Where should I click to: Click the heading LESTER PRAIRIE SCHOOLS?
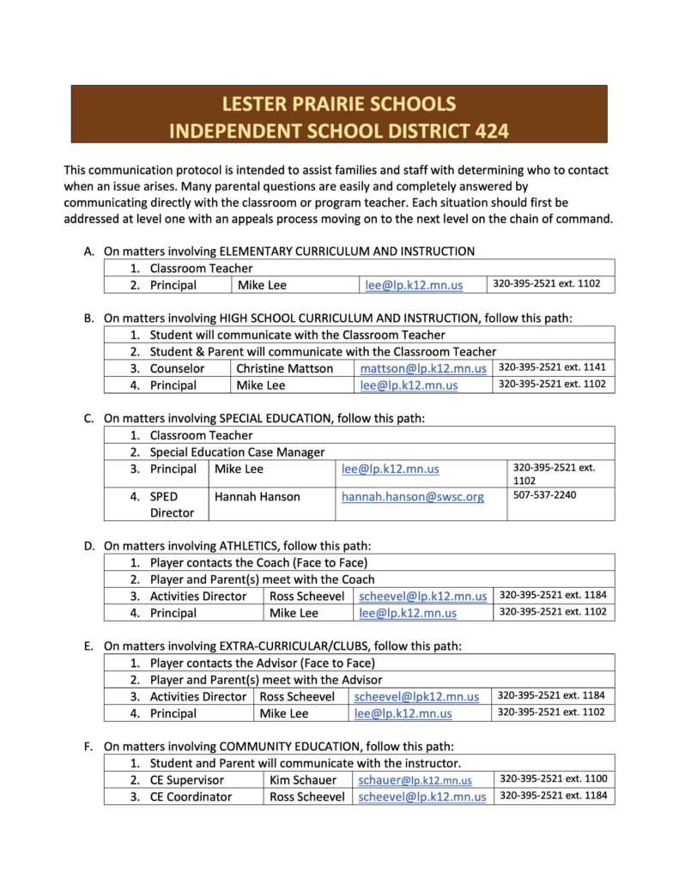click(x=339, y=105)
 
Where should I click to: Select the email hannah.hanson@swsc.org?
click(x=413, y=497)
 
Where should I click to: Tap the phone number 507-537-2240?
click(x=544, y=496)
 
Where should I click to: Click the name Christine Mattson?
click(x=284, y=368)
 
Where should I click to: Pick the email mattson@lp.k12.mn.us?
click(x=423, y=368)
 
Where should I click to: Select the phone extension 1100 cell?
click(x=553, y=779)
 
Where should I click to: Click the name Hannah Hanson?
click(x=258, y=497)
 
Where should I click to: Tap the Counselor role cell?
click(x=177, y=368)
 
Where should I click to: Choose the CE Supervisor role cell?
click(x=186, y=779)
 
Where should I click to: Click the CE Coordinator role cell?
click(x=191, y=797)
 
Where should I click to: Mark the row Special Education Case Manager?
click(x=237, y=452)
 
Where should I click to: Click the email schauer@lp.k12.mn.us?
click(x=415, y=779)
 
